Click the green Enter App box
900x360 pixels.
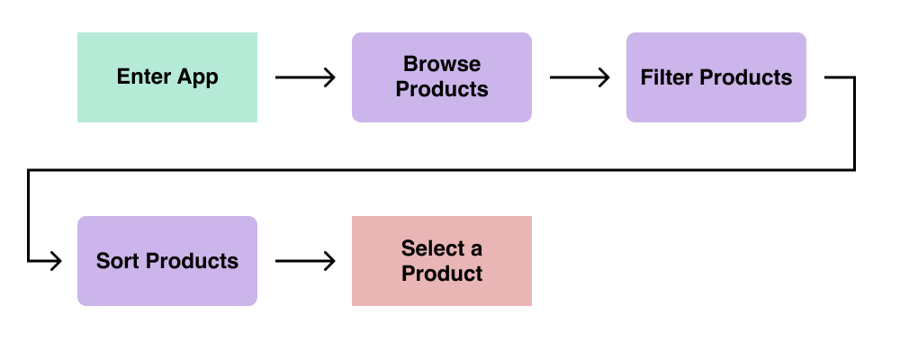coord(167,76)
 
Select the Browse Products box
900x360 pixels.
coord(441,76)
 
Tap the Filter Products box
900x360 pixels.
coord(715,76)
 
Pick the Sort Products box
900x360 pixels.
coord(167,261)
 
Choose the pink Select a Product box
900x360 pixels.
coord(441,261)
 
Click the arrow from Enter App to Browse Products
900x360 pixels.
coord(305,76)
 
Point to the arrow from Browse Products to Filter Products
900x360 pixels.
coord(580,76)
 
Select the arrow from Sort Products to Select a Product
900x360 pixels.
coord(305,261)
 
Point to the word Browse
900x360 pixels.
coord(441,64)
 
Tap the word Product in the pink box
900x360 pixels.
coord(441,274)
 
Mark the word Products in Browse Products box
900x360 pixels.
coord(441,90)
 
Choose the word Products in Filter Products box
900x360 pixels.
coord(747,76)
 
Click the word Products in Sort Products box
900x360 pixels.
coord(192,261)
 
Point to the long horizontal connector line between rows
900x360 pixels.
coord(441,170)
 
